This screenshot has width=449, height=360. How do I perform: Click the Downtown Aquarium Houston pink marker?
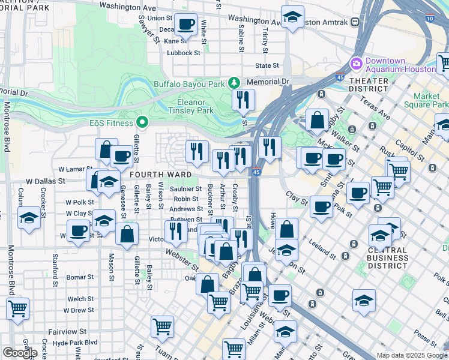[x=356, y=63]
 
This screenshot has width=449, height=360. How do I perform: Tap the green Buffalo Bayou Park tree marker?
[x=234, y=83]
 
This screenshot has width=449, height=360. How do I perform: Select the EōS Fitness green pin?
[x=142, y=123]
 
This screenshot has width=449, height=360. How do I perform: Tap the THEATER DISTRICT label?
[x=369, y=85]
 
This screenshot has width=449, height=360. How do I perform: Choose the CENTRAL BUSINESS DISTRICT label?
[x=388, y=258]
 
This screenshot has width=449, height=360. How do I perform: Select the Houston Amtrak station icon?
[x=355, y=22]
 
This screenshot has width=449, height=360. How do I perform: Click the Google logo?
[x=20, y=352]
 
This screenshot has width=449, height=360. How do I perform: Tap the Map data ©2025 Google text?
[x=412, y=355]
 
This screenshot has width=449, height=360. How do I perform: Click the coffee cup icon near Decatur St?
[x=186, y=25]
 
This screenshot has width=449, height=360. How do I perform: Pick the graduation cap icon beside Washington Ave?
[x=292, y=18]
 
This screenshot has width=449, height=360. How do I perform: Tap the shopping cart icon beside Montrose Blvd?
[x=17, y=309]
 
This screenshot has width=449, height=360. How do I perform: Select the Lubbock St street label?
[x=183, y=53]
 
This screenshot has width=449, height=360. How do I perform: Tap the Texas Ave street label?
[x=376, y=110]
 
